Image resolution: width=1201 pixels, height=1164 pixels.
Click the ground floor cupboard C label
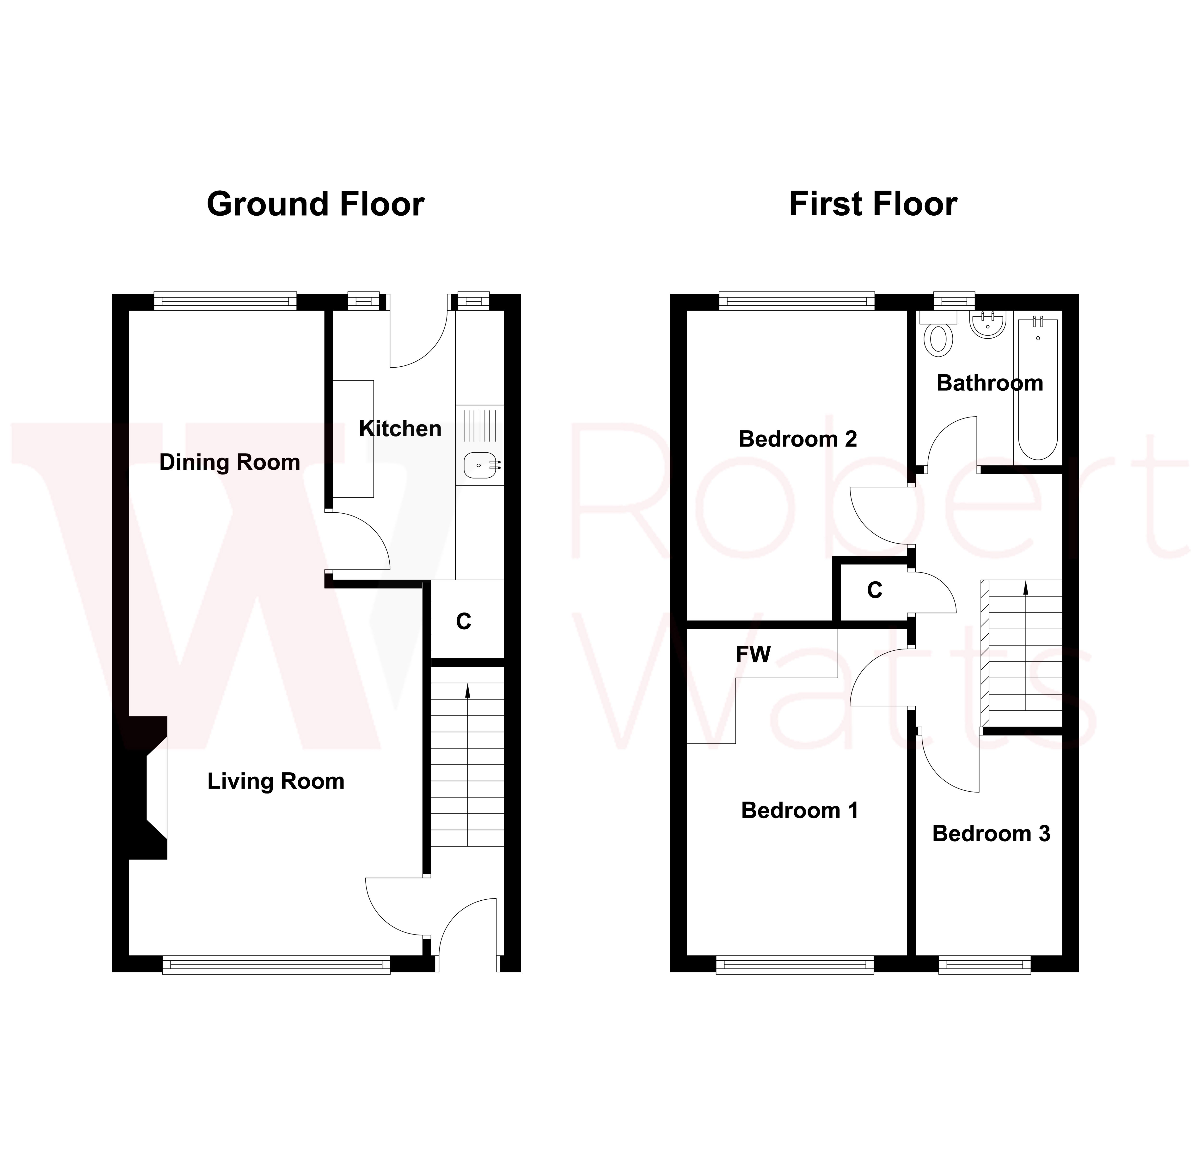tap(464, 622)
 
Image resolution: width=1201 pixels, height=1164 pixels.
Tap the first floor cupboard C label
tap(874, 590)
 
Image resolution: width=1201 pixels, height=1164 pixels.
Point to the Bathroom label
tap(990, 383)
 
